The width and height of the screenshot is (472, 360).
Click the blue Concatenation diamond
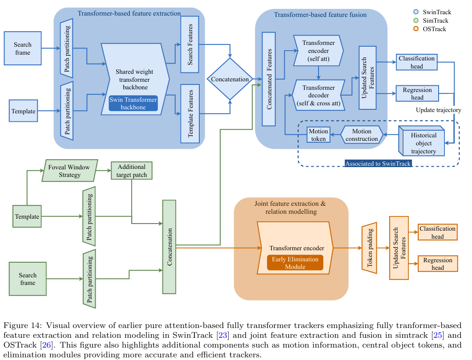click(x=230, y=80)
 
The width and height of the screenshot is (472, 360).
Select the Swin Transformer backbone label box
click(x=133, y=104)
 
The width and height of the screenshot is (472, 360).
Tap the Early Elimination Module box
click(x=295, y=263)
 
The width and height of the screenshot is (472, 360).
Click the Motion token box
click(x=318, y=135)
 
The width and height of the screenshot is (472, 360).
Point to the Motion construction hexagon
click(x=362, y=135)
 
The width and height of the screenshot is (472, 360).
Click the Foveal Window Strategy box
click(x=69, y=171)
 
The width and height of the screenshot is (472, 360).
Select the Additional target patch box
click(x=132, y=170)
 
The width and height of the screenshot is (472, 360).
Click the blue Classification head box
click(x=416, y=62)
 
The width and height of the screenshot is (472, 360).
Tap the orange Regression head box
click(x=437, y=264)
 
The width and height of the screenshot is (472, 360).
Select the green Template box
click(x=28, y=217)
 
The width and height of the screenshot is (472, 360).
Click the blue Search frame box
click(x=22, y=49)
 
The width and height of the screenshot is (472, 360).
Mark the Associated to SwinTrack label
click(x=378, y=164)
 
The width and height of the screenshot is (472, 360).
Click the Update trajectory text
click(x=438, y=110)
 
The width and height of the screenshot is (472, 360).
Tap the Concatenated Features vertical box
click(x=269, y=79)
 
